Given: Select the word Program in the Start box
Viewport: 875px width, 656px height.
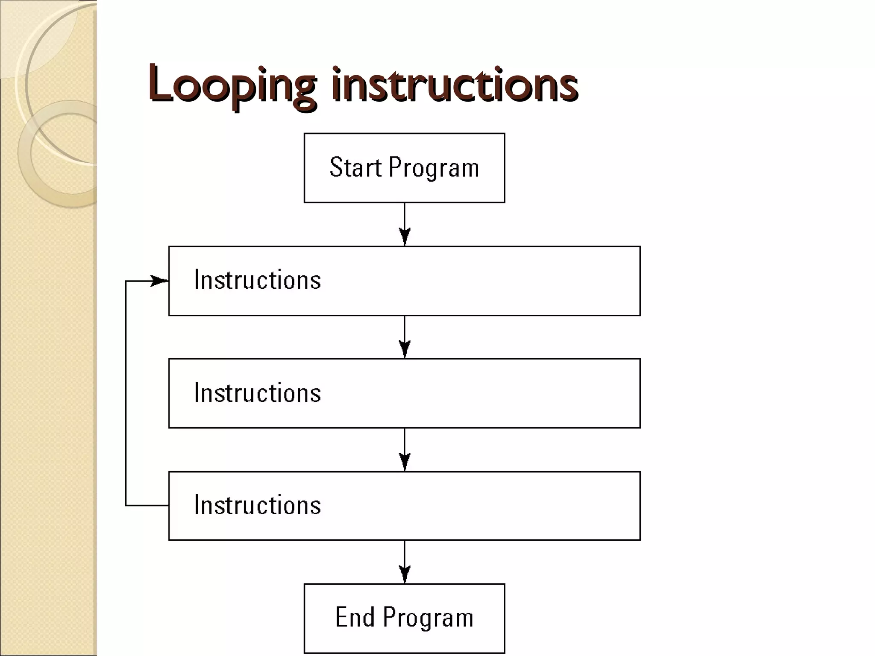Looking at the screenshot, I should [434, 168].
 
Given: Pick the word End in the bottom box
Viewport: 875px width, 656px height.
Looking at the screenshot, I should [355, 617].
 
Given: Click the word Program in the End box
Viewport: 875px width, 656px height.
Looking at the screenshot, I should [428, 618].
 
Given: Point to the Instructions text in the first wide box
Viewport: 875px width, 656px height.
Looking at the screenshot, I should [257, 280].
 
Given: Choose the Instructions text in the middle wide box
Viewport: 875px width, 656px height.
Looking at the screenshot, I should [257, 393].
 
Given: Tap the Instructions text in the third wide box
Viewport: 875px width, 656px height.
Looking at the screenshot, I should [257, 505].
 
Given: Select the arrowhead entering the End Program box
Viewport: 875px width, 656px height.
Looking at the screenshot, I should [405, 574].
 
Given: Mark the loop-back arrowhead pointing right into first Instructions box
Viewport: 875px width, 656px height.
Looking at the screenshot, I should [160, 281].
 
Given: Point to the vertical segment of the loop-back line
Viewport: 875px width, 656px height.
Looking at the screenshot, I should [126, 393].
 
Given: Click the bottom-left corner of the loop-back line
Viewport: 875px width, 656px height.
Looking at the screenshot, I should [126, 505].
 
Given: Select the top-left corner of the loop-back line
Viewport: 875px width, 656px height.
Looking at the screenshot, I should [126, 281].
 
